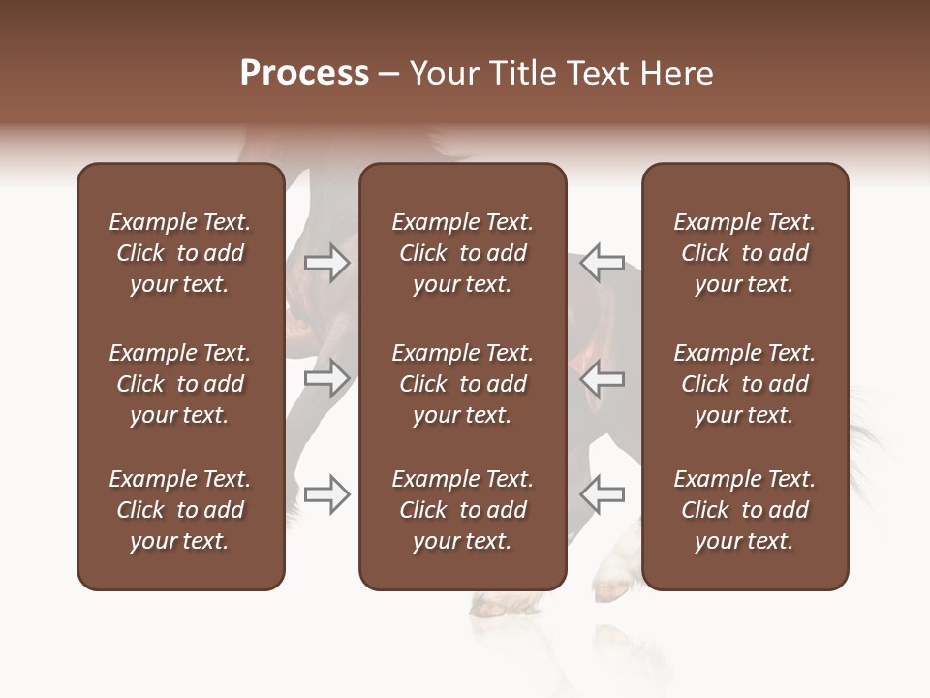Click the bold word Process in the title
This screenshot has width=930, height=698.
[x=304, y=74]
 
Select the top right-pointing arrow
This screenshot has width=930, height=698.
[x=327, y=263]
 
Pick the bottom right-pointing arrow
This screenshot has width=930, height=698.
[x=327, y=494]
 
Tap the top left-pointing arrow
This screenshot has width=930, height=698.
[x=602, y=263]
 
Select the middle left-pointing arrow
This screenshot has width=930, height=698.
[x=602, y=378]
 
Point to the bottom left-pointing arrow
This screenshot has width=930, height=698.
[x=602, y=494]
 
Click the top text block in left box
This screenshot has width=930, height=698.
[x=180, y=253]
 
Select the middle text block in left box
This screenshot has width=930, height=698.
[x=180, y=384]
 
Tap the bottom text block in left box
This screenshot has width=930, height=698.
[x=180, y=510]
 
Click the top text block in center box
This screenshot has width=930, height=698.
[x=462, y=253]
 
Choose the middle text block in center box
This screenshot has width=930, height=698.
[x=462, y=384]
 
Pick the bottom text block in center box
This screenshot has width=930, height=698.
[x=462, y=510]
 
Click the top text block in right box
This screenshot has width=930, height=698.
[x=744, y=253]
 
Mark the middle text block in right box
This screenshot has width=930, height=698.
[x=744, y=384]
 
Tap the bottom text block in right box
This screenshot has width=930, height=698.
[x=744, y=510]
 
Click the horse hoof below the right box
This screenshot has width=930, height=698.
[x=614, y=588]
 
